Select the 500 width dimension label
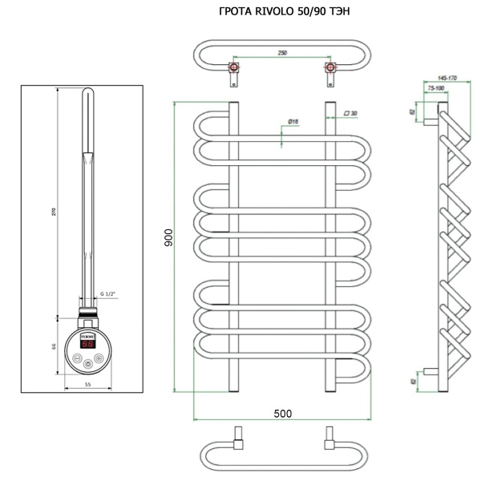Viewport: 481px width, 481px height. (x=281, y=413)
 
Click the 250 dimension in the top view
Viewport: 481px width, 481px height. (x=282, y=53)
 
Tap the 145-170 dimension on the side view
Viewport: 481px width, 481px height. (x=441, y=79)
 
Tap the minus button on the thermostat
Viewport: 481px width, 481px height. (x=76, y=359)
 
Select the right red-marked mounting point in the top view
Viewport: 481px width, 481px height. (x=329, y=67)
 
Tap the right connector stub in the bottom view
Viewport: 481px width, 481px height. (x=329, y=439)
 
